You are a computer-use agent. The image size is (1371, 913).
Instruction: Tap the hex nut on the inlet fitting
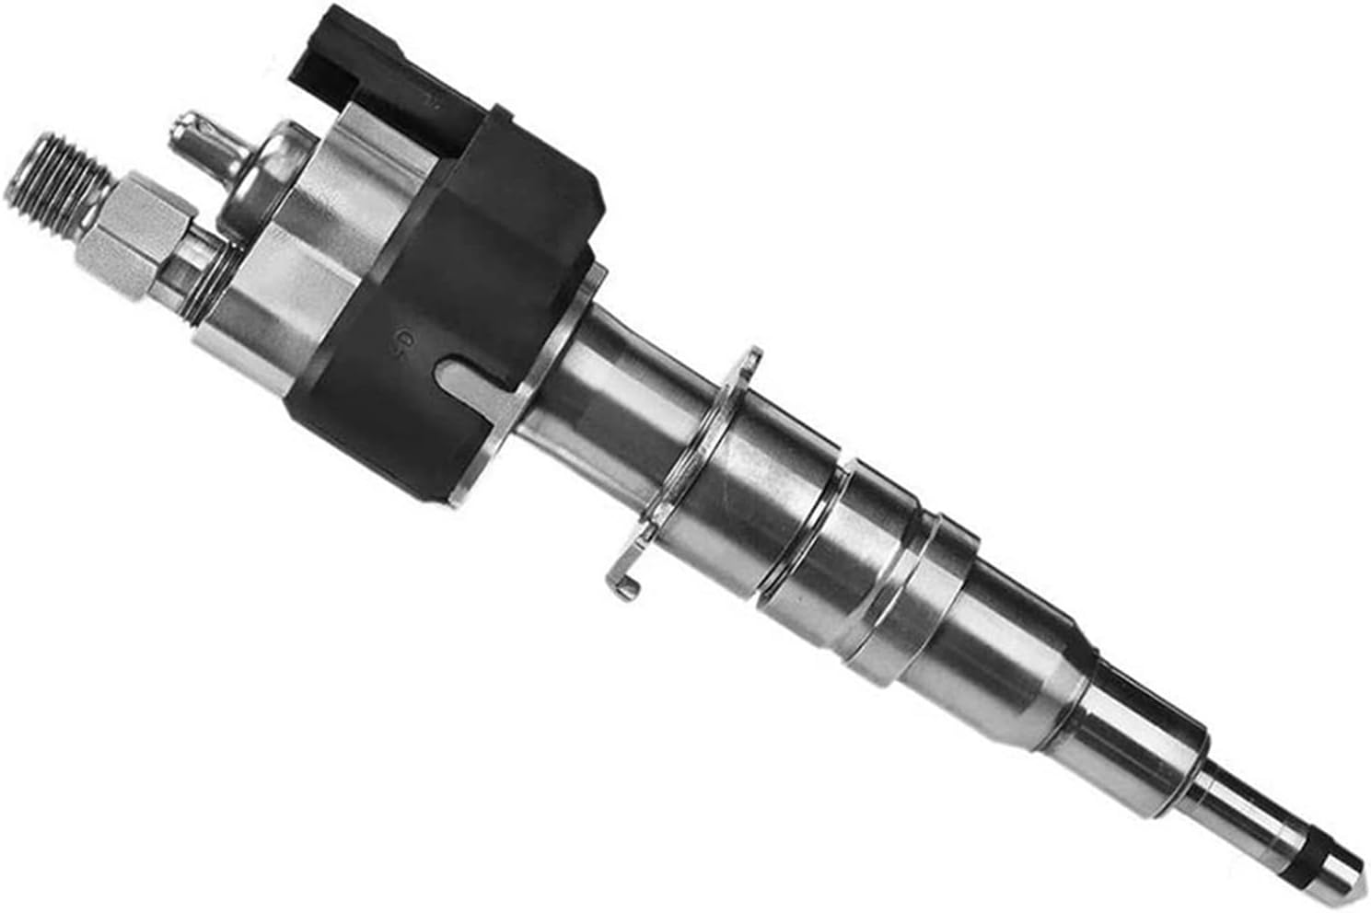click(x=124, y=230)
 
